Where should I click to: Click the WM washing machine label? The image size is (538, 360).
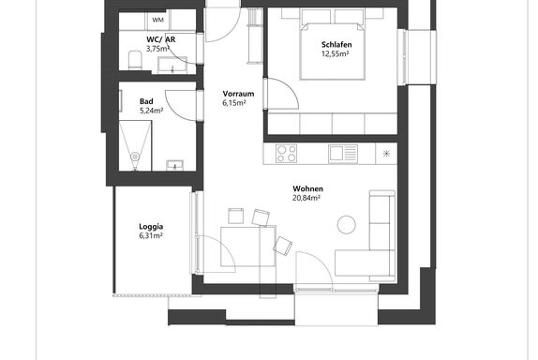point(157,20)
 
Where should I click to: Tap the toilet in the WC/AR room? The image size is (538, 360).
point(135,60)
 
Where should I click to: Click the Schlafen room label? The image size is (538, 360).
point(336,45)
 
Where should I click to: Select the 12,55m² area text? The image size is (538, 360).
point(336,53)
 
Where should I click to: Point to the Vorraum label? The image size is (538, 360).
point(238,94)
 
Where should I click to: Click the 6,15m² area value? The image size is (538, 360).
point(234,102)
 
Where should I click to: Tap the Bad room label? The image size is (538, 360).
point(146,101)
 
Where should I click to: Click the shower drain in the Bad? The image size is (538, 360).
point(136,157)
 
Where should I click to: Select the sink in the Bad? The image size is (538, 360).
point(175,165)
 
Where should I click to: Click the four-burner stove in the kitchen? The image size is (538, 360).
point(286,154)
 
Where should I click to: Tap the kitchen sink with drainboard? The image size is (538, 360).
point(343,154)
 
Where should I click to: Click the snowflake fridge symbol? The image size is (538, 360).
point(387,154)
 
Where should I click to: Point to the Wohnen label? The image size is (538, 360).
point(307,188)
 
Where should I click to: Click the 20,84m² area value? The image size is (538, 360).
point(306,198)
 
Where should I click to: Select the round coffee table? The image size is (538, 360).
point(347,225)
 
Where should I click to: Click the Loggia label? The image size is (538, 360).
point(151,227)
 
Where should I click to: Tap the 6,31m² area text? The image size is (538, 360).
point(151,235)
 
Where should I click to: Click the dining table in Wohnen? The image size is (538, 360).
point(248,246)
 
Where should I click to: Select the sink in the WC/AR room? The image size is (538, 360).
point(172,65)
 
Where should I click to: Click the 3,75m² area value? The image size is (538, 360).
point(157,49)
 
